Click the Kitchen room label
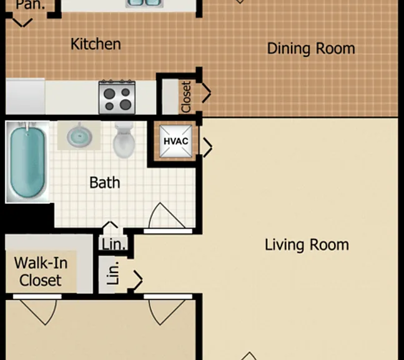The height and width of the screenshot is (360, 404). coord(96,44)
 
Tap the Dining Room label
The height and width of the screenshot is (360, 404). coord(311,49)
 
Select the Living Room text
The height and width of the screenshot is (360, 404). coord(307,245)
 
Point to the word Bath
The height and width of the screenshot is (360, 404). coord(105,182)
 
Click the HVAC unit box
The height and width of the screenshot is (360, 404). coord(175,141)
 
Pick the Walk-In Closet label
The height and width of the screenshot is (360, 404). coord(41,271)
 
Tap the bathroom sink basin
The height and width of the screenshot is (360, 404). coord(79,136)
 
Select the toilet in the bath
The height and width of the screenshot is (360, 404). coord(124,140)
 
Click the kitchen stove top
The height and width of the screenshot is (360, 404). coord(117,97)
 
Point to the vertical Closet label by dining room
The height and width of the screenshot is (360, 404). coord(186,97)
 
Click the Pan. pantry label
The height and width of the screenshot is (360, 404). coord(31,5)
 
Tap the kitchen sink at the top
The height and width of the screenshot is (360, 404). coord(144,3)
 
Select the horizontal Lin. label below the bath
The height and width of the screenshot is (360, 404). coord(114,244)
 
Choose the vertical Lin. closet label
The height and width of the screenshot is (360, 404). coord(113,273)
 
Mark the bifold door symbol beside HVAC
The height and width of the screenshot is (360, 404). coord(207,147)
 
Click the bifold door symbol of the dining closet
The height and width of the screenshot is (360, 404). coord(207,93)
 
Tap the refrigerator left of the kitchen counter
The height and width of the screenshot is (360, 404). coord(25,96)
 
